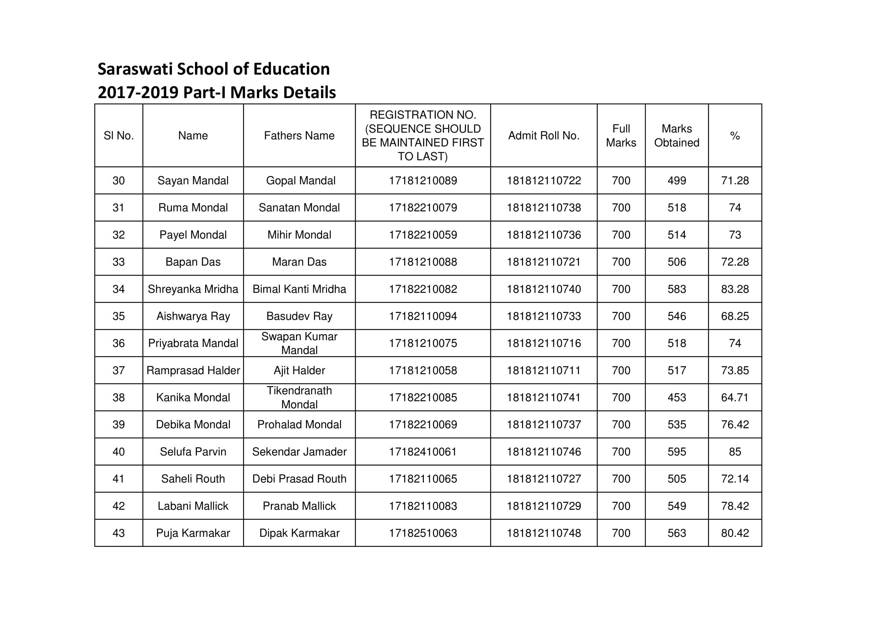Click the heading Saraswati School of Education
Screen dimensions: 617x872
[214, 69]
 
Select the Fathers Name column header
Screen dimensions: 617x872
[299, 136]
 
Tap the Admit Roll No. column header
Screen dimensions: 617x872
[544, 136]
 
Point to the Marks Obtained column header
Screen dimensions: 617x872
[676, 136]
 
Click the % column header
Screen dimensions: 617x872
[734, 136]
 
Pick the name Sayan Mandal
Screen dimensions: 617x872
[193, 181]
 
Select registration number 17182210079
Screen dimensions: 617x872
[423, 207]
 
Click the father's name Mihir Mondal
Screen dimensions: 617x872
[299, 235]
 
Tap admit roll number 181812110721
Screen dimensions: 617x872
[544, 262]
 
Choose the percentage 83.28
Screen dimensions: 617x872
[734, 289]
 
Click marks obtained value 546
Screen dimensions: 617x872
[676, 316]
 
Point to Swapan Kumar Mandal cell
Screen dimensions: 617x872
[299, 343]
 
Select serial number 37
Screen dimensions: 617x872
[119, 370]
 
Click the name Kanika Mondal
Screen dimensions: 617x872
[193, 397]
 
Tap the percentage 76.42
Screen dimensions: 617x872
[734, 425]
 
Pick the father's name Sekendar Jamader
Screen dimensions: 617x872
[299, 452]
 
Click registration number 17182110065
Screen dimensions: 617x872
[423, 479]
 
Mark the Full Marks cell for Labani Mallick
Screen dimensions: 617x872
[621, 506]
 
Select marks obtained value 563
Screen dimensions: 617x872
[676, 533]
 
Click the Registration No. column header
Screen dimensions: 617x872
[423, 136]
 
